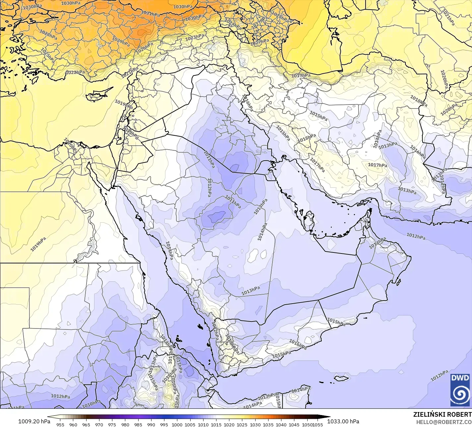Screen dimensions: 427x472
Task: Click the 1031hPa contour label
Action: click(150, 14)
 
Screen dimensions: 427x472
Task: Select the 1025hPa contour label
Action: click(48, 57)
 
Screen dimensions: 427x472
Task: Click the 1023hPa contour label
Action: click(194, 37)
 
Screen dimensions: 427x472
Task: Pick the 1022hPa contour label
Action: click(75, 72)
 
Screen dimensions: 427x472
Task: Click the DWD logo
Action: click(460, 390)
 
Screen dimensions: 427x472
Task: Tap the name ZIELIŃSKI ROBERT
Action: click(442, 414)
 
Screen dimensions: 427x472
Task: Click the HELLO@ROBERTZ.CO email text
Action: click(444, 422)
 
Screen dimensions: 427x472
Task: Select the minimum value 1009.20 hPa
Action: click(34, 421)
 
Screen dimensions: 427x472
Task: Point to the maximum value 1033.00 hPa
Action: click(343, 421)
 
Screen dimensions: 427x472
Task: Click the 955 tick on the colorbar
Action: click(60, 424)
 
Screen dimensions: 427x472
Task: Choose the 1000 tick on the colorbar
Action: click(177, 424)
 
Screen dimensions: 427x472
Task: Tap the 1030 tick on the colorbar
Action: click(255, 424)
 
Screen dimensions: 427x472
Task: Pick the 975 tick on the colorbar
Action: click(112, 424)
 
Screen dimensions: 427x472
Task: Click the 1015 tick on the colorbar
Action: click(216, 424)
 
